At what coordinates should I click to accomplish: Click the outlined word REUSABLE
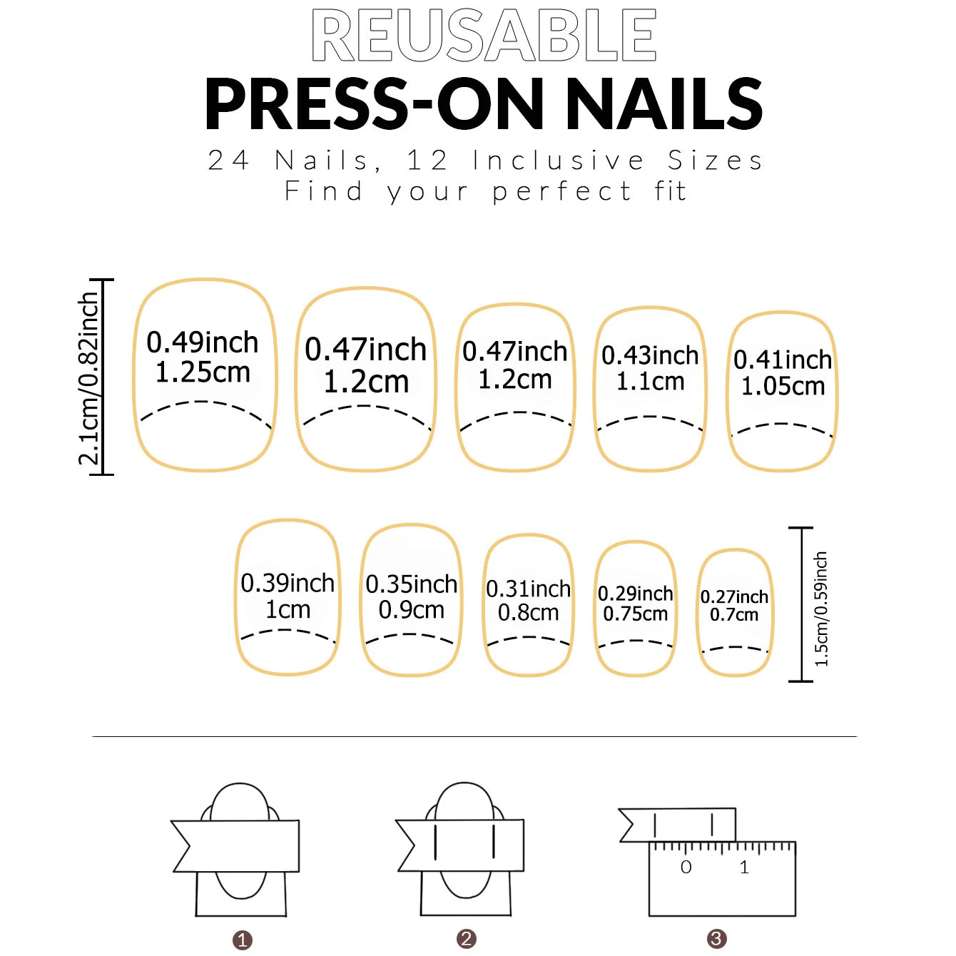tap(484, 36)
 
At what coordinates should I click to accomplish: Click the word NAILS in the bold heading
tap(664, 104)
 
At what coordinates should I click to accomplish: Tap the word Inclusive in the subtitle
tap(559, 161)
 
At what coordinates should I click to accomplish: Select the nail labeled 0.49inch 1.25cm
tap(204, 375)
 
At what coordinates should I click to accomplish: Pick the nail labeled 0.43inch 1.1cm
tap(650, 389)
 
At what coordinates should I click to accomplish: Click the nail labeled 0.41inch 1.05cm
tap(782, 391)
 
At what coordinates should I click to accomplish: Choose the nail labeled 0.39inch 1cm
tap(288, 597)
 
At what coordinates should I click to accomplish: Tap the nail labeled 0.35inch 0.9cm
tap(411, 599)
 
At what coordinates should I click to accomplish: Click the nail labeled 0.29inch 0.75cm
tap(635, 607)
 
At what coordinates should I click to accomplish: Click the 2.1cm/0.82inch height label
tap(88, 378)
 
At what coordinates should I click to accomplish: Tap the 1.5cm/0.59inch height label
tap(822, 609)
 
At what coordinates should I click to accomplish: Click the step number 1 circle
tap(243, 940)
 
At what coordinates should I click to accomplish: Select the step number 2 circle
tap(467, 939)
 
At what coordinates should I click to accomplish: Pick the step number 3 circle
tap(716, 939)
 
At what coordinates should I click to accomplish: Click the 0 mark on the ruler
tap(686, 868)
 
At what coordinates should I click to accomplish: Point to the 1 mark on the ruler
tap(744, 868)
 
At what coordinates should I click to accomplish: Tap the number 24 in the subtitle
tap(229, 161)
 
